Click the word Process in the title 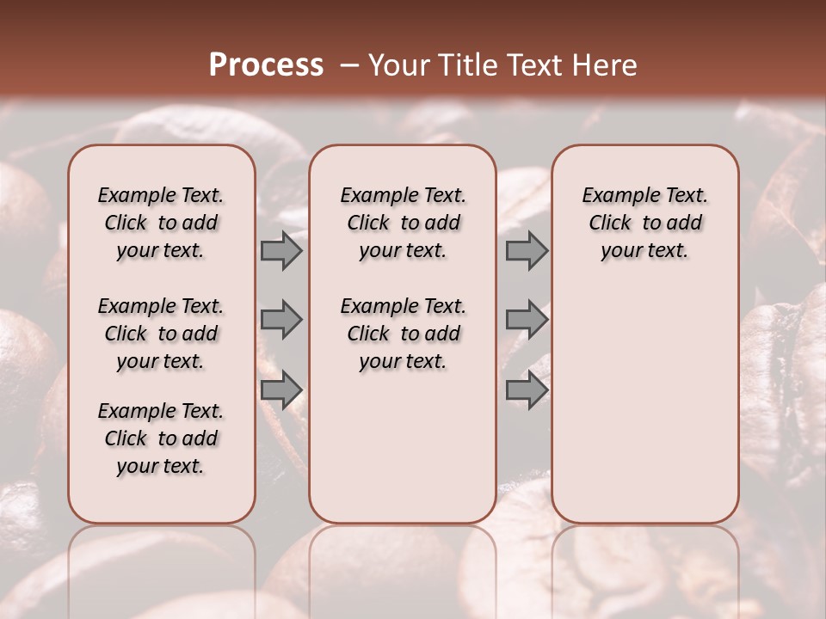tap(266, 64)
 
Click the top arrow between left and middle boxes tap(281, 250)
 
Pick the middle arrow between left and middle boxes tap(281, 320)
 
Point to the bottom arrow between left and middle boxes tap(281, 389)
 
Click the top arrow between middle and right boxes tap(527, 250)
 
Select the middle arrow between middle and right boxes tap(527, 320)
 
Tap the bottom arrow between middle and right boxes tap(527, 389)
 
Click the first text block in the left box tap(161, 223)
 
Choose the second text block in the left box tap(161, 334)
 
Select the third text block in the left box tap(161, 438)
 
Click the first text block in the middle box tap(404, 223)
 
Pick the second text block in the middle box tap(404, 334)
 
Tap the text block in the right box tap(645, 223)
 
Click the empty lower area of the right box tap(645, 404)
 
